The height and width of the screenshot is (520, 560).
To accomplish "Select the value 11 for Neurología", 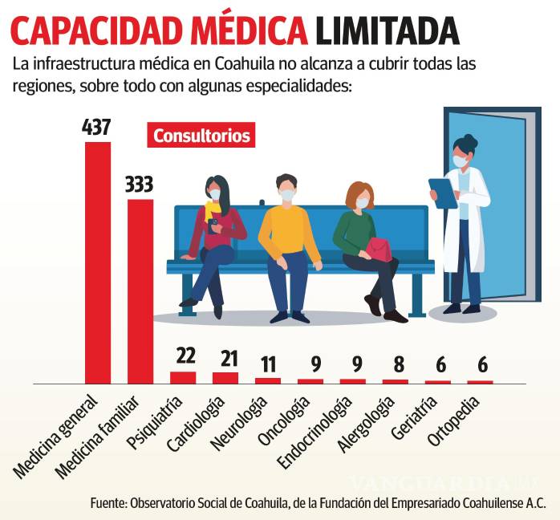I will [267, 364].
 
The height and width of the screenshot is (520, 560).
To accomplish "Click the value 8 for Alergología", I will [395, 366].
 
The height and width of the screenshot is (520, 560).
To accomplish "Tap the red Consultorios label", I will [201, 136].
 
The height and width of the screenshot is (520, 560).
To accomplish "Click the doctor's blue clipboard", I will [442, 192].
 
